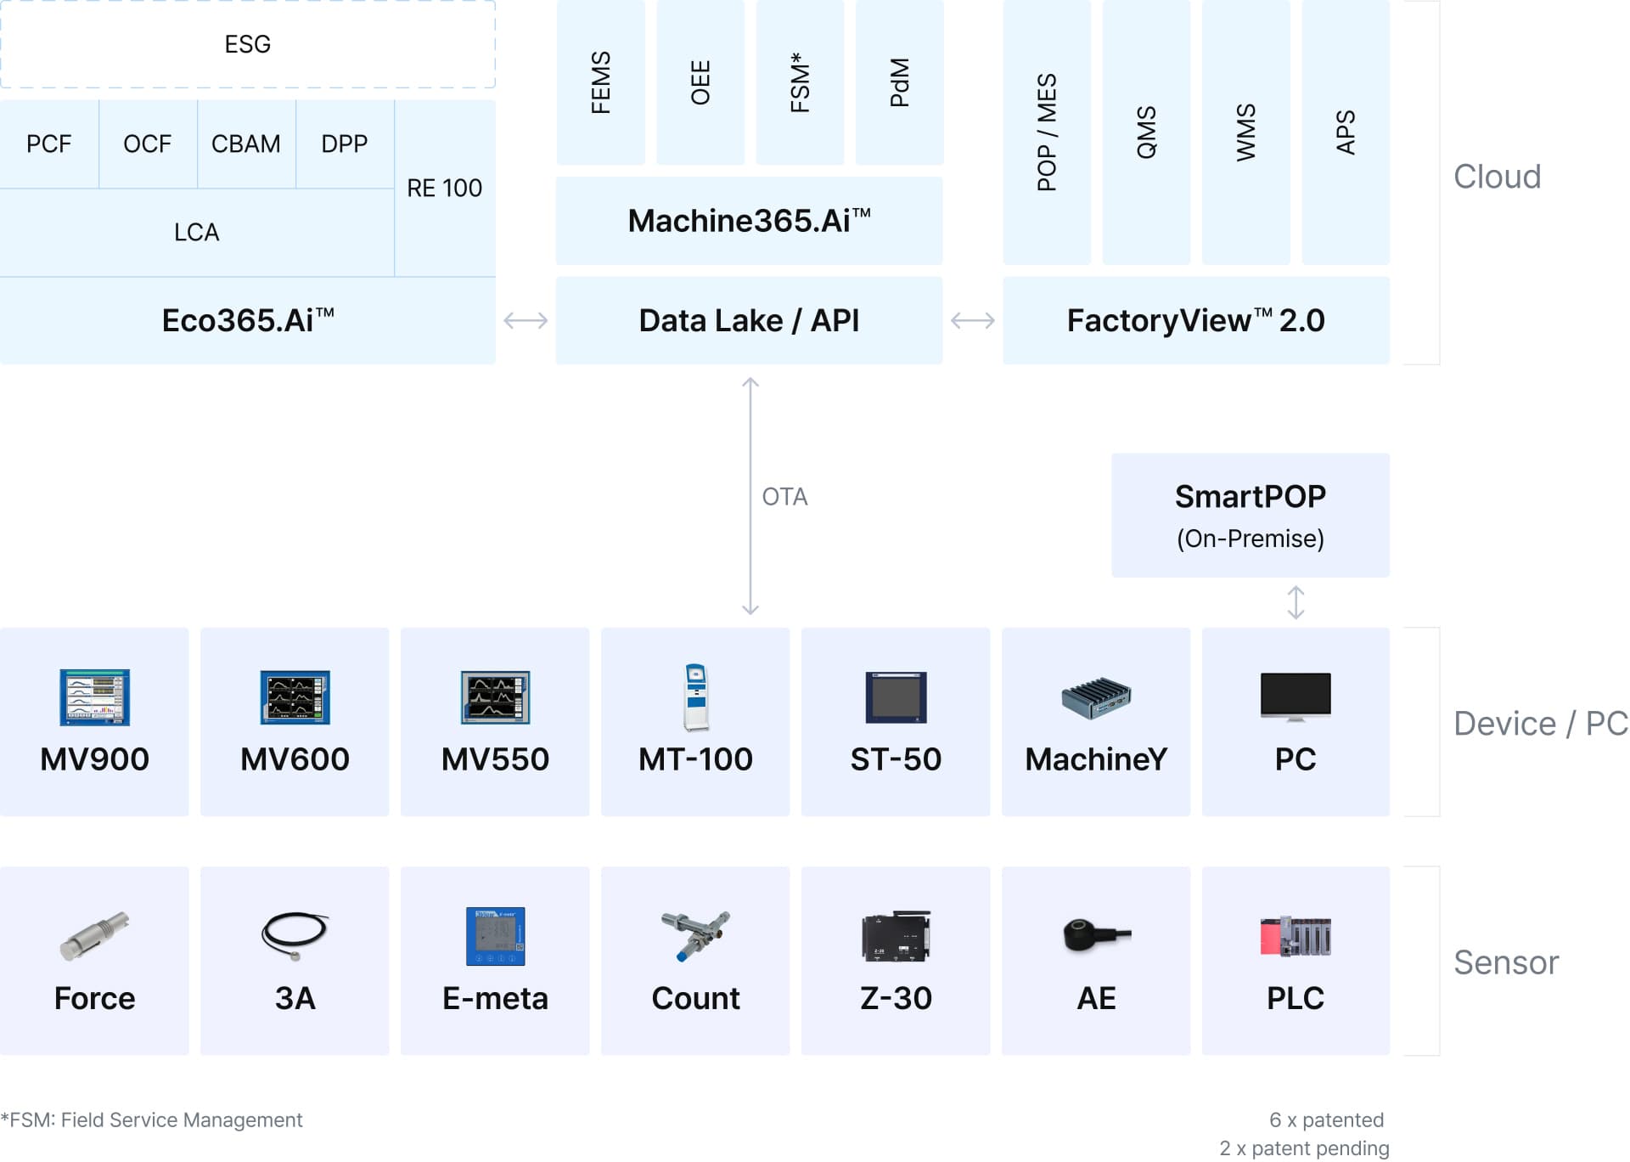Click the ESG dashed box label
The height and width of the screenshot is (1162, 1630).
[247, 44]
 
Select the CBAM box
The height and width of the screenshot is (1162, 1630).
[245, 144]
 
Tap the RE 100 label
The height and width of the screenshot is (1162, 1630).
[444, 188]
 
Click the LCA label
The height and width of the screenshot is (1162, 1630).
[196, 232]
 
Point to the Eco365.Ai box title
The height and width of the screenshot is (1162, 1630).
[248, 320]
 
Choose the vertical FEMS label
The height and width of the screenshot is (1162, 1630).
[600, 82]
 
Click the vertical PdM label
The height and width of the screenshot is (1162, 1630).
[899, 82]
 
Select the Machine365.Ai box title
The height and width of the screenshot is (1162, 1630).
[749, 221]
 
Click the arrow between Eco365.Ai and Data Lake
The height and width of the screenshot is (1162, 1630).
[526, 320]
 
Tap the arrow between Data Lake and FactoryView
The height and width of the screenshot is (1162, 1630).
[972, 320]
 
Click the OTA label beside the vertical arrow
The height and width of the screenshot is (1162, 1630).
[784, 497]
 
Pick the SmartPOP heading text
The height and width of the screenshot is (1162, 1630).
[1250, 497]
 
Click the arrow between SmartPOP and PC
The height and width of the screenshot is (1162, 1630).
[1296, 602]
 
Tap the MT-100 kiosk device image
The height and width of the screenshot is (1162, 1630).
[695, 697]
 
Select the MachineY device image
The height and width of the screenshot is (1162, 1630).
[1096, 698]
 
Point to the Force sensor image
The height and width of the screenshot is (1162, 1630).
[94, 935]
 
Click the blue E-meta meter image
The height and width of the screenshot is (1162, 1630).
[495, 936]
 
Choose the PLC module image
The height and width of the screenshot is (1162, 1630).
[1296, 936]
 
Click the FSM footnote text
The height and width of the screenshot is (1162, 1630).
[152, 1120]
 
